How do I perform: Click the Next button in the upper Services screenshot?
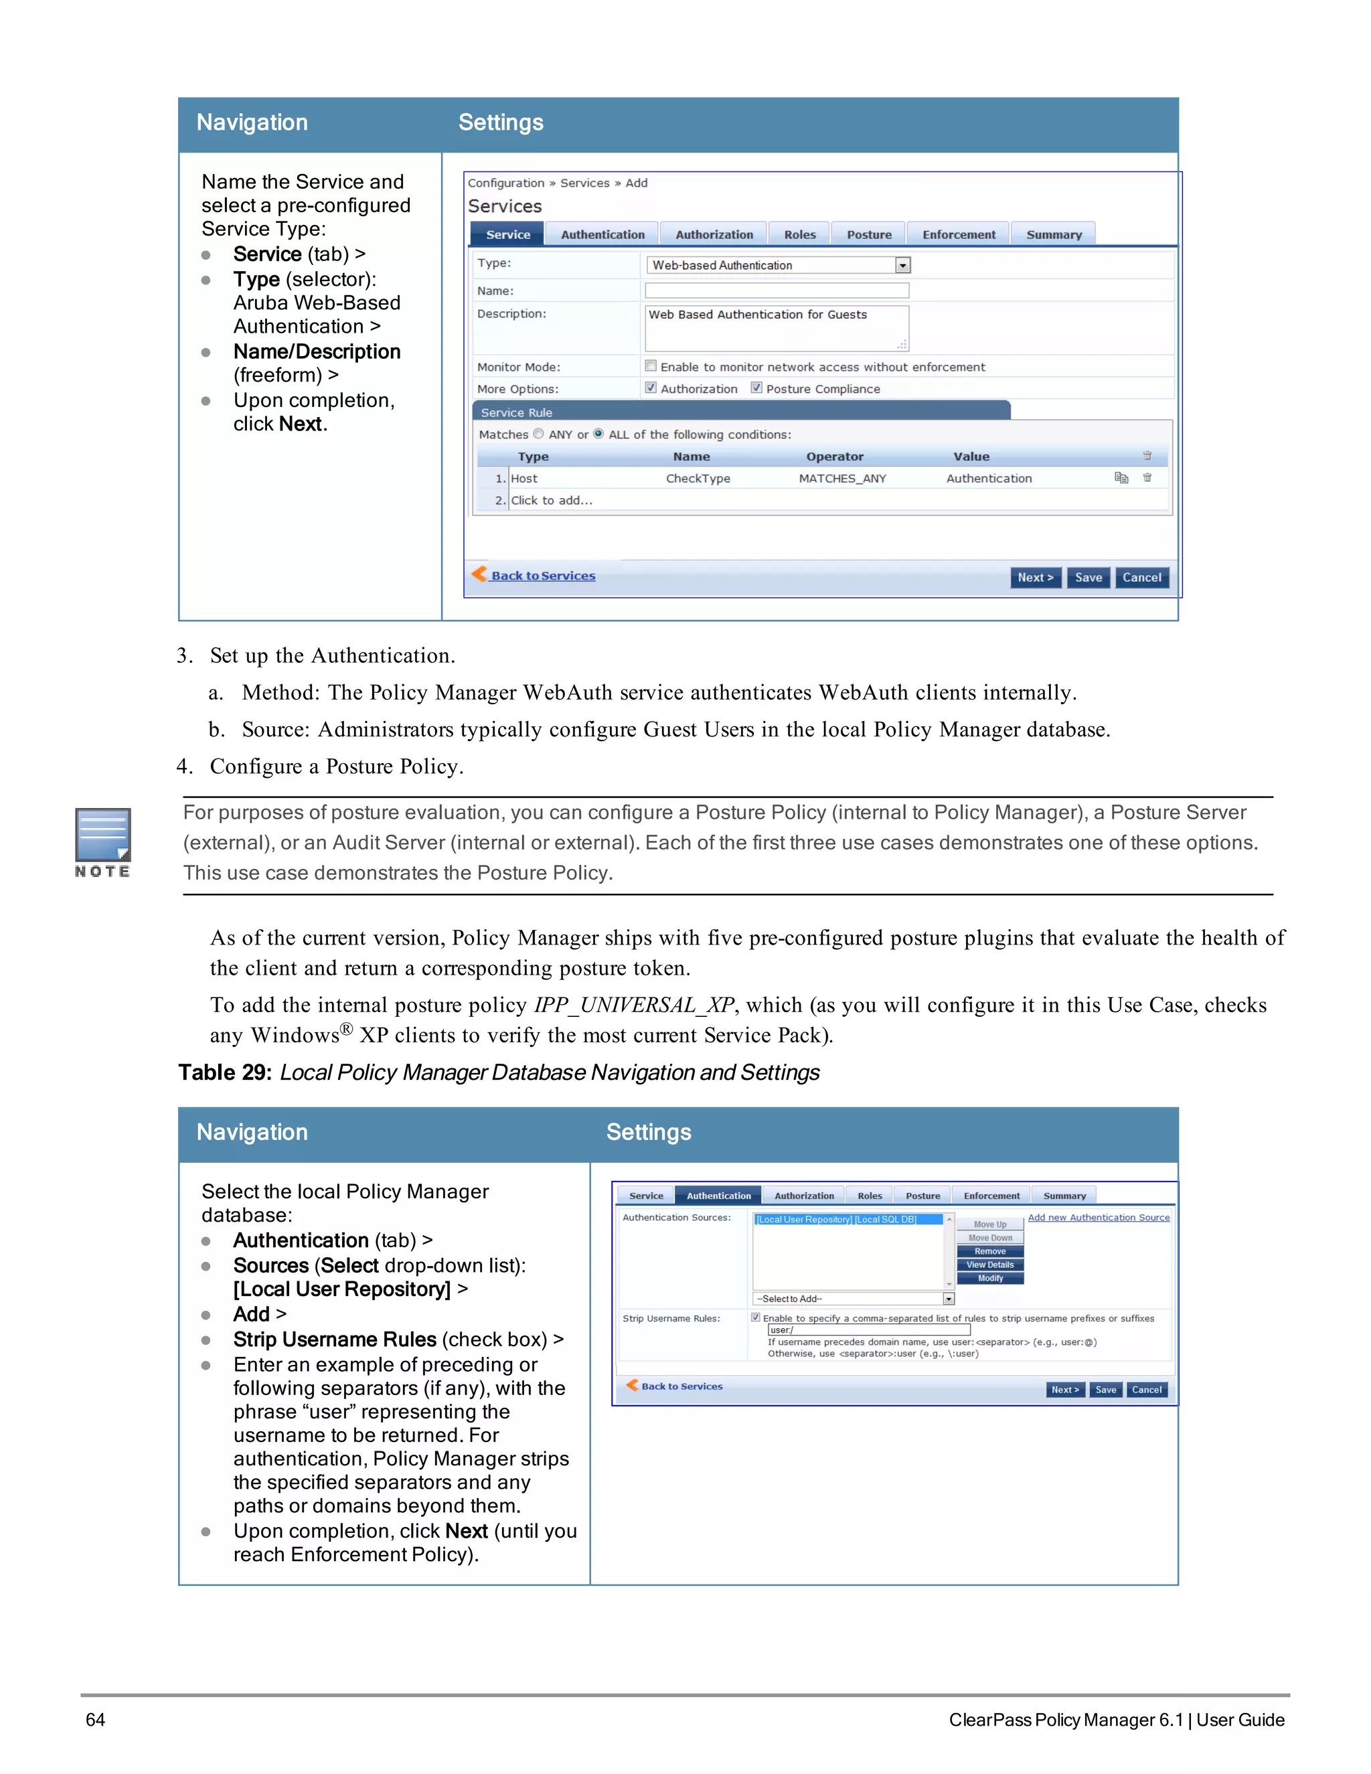click(x=1035, y=578)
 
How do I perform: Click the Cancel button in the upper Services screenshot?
click(x=1141, y=578)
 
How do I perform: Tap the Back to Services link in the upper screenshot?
click(x=542, y=576)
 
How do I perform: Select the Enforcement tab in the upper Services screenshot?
click(x=959, y=235)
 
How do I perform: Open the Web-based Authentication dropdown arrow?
click(x=902, y=266)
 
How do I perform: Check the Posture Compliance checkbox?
click(x=756, y=388)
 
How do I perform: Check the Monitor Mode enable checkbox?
click(x=651, y=366)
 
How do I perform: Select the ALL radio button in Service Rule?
click(x=598, y=434)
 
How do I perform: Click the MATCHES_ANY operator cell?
click(x=842, y=479)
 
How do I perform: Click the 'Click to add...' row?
click(x=552, y=500)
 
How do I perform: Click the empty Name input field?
click(x=777, y=290)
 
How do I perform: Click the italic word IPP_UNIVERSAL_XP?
click(x=633, y=1005)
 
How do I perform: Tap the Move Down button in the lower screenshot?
click(x=990, y=1238)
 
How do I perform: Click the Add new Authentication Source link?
click(x=1098, y=1218)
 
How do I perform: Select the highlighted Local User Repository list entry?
click(x=837, y=1219)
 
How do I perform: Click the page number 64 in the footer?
click(x=95, y=1720)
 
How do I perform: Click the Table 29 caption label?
click(x=225, y=1073)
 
